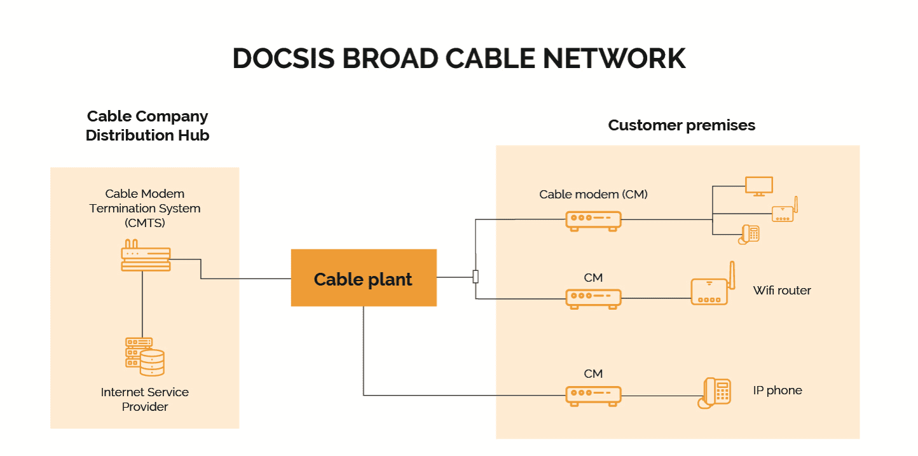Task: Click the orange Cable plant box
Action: point(364,278)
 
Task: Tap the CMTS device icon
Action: point(146,256)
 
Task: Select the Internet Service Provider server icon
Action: point(144,356)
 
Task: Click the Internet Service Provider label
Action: point(145,399)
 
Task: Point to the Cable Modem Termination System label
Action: point(145,208)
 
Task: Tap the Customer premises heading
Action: point(682,125)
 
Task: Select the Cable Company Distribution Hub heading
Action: point(147,126)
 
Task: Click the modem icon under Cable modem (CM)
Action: point(593,220)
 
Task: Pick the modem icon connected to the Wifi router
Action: point(593,298)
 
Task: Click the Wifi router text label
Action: point(782,291)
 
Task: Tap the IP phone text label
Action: point(778,390)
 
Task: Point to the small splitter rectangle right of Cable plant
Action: point(476,277)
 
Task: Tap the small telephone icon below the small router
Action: point(750,235)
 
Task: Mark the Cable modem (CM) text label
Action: point(593,195)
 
